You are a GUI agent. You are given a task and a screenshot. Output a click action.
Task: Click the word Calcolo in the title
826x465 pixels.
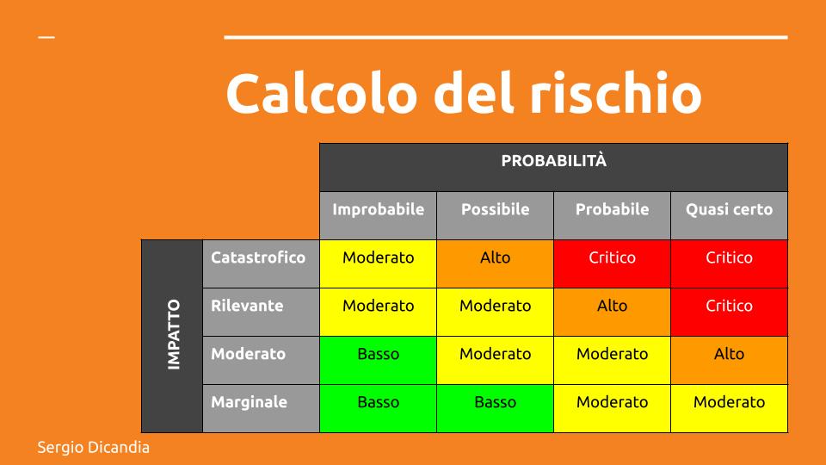tap(322, 93)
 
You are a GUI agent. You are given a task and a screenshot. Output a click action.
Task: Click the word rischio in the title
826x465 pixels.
tap(615, 92)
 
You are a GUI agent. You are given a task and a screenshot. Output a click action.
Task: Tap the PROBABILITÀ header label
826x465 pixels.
tap(553, 161)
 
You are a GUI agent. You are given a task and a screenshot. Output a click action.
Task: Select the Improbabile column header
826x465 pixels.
tap(379, 209)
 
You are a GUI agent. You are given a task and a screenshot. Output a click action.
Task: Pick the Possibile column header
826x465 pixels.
tap(496, 209)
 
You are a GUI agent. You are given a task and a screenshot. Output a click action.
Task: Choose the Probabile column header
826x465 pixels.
tap(612, 209)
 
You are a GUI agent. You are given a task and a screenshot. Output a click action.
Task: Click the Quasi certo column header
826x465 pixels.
tap(729, 209)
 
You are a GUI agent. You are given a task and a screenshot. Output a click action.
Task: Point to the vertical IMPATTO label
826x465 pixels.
tap(173, 335)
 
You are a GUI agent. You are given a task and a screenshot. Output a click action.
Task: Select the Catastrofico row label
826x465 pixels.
tap(258, 257)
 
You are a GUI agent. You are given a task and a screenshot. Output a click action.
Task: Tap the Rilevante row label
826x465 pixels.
tap(247, 306)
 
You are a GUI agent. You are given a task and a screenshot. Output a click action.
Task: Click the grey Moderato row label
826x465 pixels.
tap(248, 354)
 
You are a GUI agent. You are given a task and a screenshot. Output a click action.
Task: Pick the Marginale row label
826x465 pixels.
tap(250, 402)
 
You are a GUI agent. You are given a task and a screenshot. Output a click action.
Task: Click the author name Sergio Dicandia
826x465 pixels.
tap(93, 448)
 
